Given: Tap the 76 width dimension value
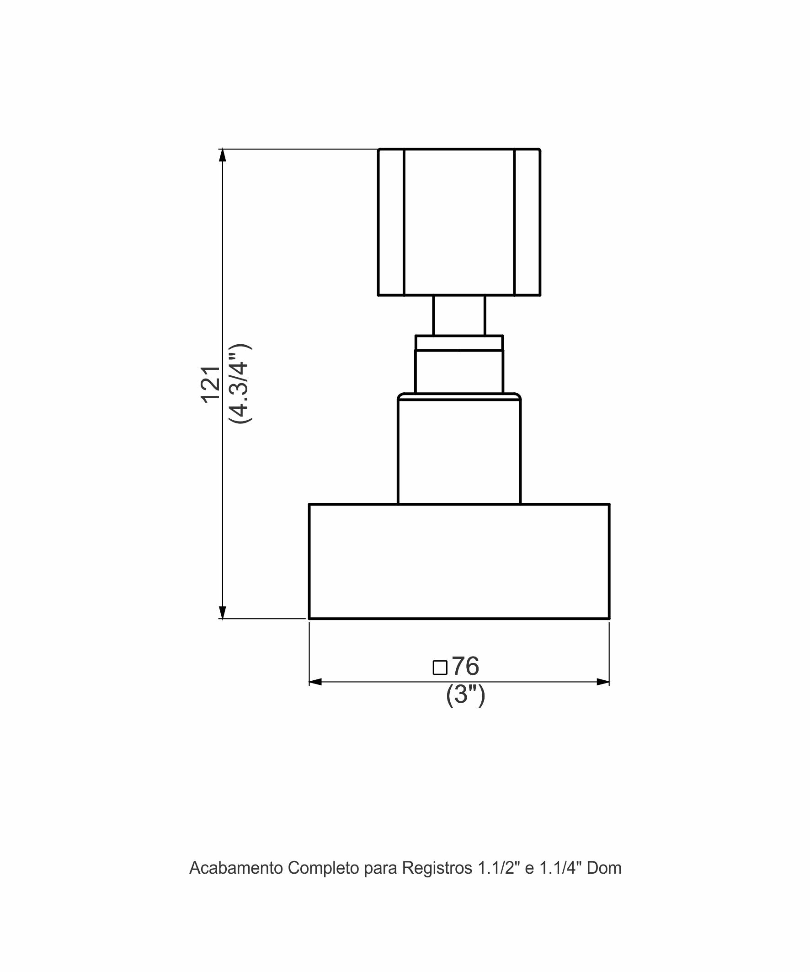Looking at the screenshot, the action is pyautogui.click(x=466, y=666).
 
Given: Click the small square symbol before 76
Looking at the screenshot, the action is pyautogui.click(x=440, y=668).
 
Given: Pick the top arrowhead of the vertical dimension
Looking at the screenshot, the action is pyautogui.click(x=223, y=155).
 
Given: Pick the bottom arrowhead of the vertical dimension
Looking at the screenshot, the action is pyautogui.click(x=223, y=612).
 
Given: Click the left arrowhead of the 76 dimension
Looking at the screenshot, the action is pyautogui.click(x=315, y=682).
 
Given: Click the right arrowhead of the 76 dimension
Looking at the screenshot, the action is pyautogui.click(x=603, y=682).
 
